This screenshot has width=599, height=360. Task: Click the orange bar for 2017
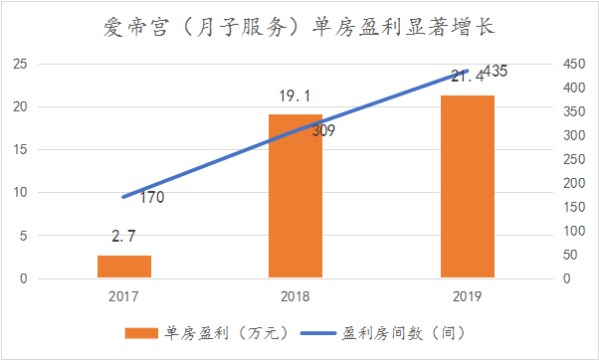coord(124,267)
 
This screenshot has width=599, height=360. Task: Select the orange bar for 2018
coord(296,196)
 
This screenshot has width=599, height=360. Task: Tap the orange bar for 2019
coord(468,186)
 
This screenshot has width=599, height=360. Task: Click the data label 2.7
coord(124,240)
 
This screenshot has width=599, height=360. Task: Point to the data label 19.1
coord(296,97)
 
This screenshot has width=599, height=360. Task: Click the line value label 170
coord(151,197)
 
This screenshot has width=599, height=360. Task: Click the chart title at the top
coord(299,24)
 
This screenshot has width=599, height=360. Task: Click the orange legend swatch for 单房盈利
coord(143,332)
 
